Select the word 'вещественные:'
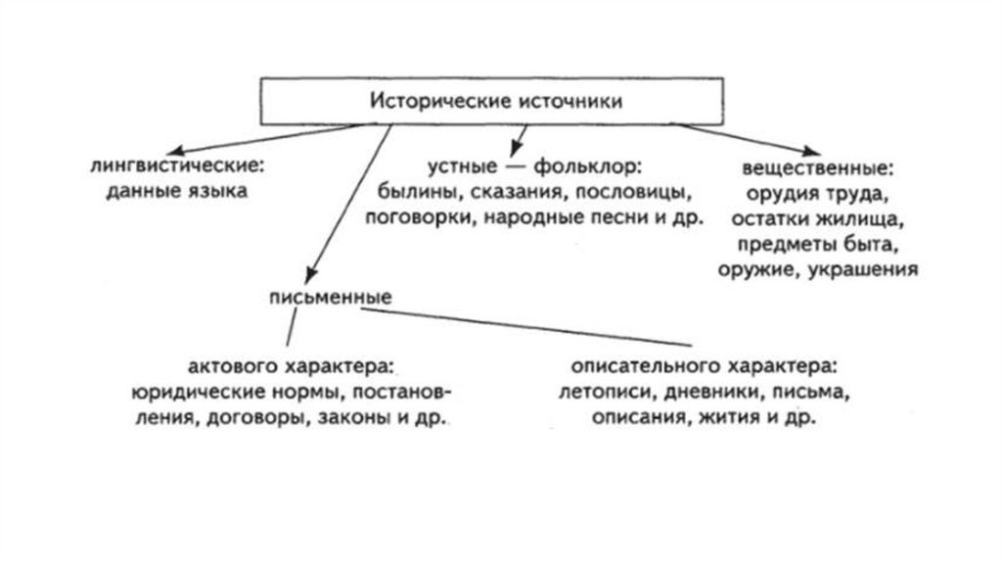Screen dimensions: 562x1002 (x=819, y=164)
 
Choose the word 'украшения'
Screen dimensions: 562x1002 (x=862, y=270)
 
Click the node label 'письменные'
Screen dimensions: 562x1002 (x=331, y=296)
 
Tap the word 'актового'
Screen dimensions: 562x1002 (x=232, y=369)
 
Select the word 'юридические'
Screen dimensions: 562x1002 (x=190, y=395)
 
